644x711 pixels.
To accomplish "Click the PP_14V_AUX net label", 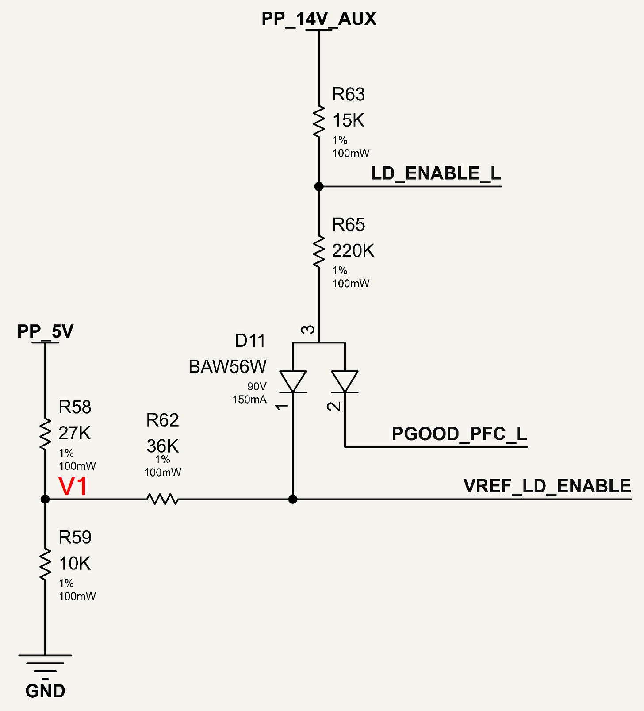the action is (x=319, y=19).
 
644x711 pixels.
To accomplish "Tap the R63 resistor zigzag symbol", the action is (x=318, y=121).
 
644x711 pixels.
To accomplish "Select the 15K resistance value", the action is (x=348, y=120).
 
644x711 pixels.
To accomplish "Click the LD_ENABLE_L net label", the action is (x=436, y=173).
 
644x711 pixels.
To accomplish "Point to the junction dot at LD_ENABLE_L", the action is (x=318, y=186).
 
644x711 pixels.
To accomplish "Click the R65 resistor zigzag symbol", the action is (x=318, y=251).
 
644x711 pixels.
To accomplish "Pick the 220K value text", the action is (x=353, y=251).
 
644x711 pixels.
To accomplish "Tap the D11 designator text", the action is (x=250, y=341).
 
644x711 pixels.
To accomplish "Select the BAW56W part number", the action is (x=227, y=367).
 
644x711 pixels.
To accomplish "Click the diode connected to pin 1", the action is (x=292, y=382).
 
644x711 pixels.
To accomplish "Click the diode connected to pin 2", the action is (x=345, y=382).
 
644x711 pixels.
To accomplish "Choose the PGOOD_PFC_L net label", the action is (x=460, y=434).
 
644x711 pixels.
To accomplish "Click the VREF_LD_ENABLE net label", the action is (x=547, y=486).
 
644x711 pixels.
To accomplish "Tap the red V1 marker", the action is (x=73, y=486).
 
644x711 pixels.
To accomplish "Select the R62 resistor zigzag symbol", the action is (x=162, y=499).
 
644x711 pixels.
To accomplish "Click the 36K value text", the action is (x=162, y=446).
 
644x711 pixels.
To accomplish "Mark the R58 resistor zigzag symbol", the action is (x=45, y=434).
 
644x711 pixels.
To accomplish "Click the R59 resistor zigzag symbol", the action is (x=45, y=564).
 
